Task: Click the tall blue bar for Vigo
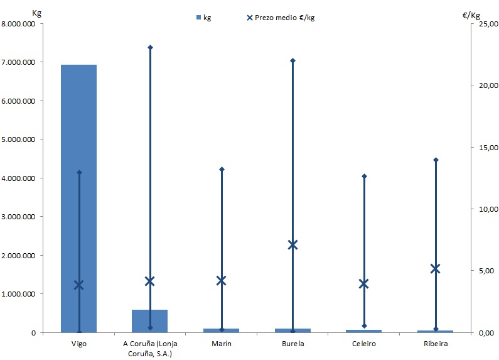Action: pyautogui.click(x=78, y=198)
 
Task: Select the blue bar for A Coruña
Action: pyautogui.click(x=149, y=320)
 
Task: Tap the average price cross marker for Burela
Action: pyautogui.click(x=292, y=244)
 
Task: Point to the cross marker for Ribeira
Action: pyautogui.click(x=436, y=269)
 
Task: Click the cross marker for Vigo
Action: pyautogui.click(x=78, y=285)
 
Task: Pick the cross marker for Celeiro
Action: pyautogui.click(x=363, y=283)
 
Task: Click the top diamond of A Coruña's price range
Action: pyautogui.click(x=150, y=47)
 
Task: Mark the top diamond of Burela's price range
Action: pyautogui.click(x=292, y=60)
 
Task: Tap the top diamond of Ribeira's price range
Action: pyautogui.click(x=436, y=160)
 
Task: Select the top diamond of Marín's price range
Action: pyautogui.click(x=221, y=169)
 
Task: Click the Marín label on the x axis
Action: pyautogui.click(x=221, y=344)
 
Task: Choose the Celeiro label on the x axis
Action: pyautogui.click(x=363, y=344)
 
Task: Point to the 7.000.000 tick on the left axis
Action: pyautogui.click(x=22, y=62)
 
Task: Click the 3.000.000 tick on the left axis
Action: pyautogui.click(x=22, y=217)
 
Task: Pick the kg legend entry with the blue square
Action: pyautogui.click(x=202, y=18)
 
